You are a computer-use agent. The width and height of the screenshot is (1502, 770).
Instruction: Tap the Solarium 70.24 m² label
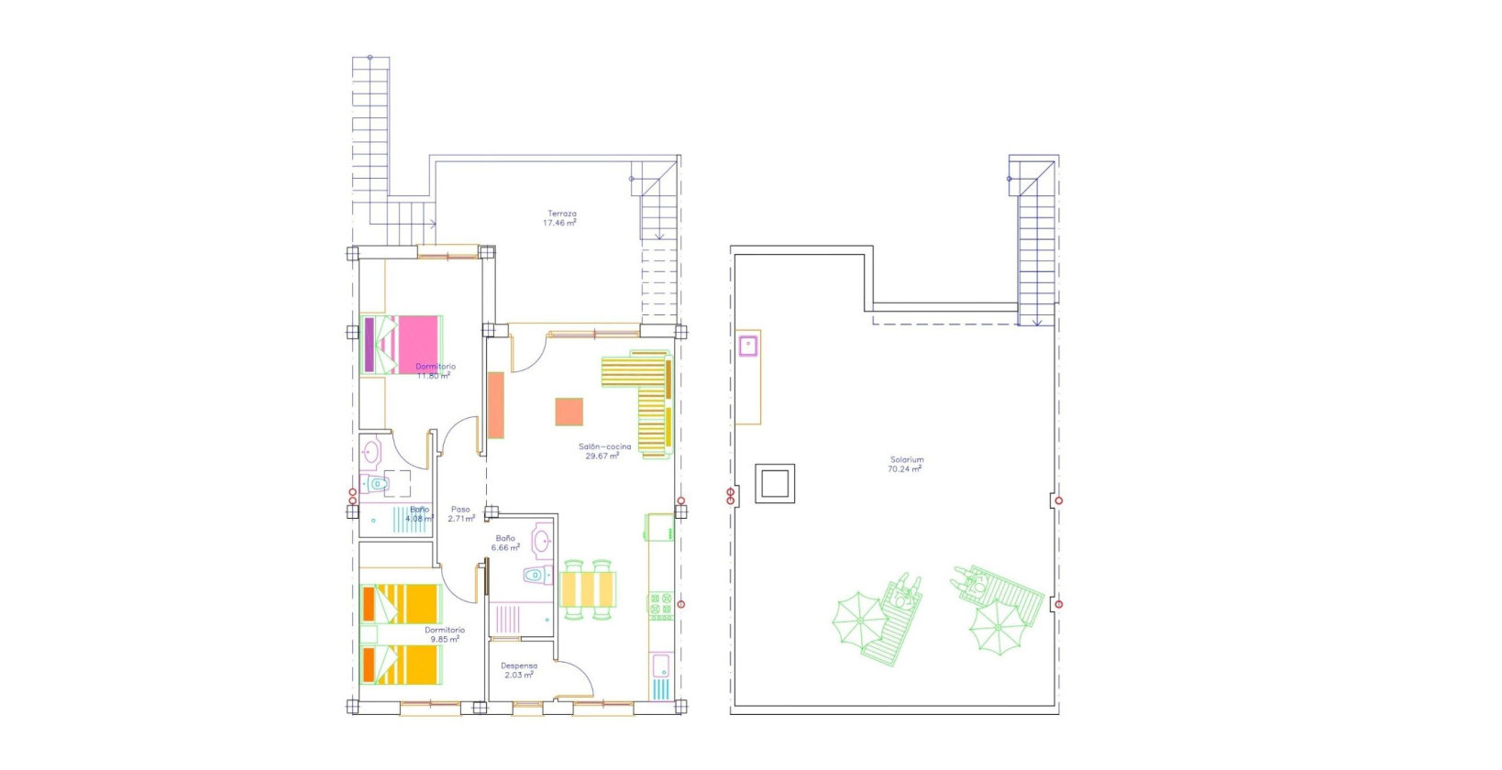coord(905,465)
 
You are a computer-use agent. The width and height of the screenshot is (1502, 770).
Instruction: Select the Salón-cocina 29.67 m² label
coord(603,451)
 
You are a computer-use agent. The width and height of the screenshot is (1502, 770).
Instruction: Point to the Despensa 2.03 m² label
coord(519,671)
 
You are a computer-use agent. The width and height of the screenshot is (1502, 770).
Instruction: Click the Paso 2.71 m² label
coord(460,514)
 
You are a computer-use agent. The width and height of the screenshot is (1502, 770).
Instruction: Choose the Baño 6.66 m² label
coord(505,544)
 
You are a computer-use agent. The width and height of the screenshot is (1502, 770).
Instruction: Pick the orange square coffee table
coord(569,412)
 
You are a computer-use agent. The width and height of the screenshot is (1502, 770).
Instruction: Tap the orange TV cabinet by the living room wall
coord(496,404)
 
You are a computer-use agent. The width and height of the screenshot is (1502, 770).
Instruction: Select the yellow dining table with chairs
coord(588,589)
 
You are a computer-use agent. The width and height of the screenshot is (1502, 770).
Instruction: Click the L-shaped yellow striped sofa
coord(642,394)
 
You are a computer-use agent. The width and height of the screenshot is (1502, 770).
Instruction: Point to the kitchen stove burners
coord(661,606)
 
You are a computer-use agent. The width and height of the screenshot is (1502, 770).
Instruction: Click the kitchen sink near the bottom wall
coord(661,666)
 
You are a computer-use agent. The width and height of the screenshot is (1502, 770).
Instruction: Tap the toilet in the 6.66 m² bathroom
coord(536,576)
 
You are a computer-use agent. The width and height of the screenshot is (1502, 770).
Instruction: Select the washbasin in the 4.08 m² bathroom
coord(370,452)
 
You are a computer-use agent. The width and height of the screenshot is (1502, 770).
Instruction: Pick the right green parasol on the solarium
coord(997,626)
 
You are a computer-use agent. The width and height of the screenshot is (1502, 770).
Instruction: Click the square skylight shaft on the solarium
coord(775,483)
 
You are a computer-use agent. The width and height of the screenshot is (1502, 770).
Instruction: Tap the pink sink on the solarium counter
coord(748,346)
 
